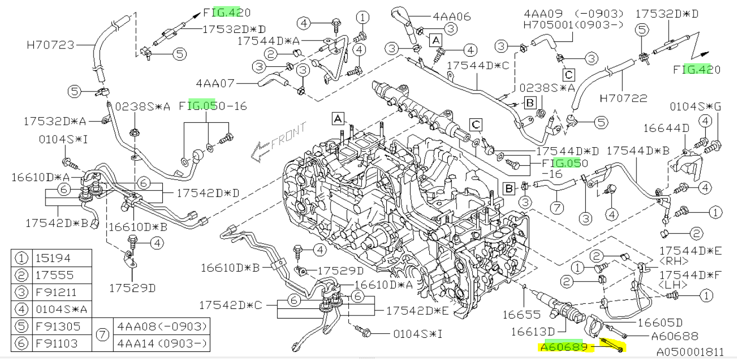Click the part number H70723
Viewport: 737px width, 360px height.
tap(50, 45)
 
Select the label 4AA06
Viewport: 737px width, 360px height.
tap(451, 16)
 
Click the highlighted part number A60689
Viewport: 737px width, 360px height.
tap(564, 347)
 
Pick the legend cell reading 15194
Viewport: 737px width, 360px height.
tap(54, 258)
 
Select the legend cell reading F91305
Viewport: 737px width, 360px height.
tap(57, 326)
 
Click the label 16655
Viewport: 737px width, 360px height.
tap(521, 315)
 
